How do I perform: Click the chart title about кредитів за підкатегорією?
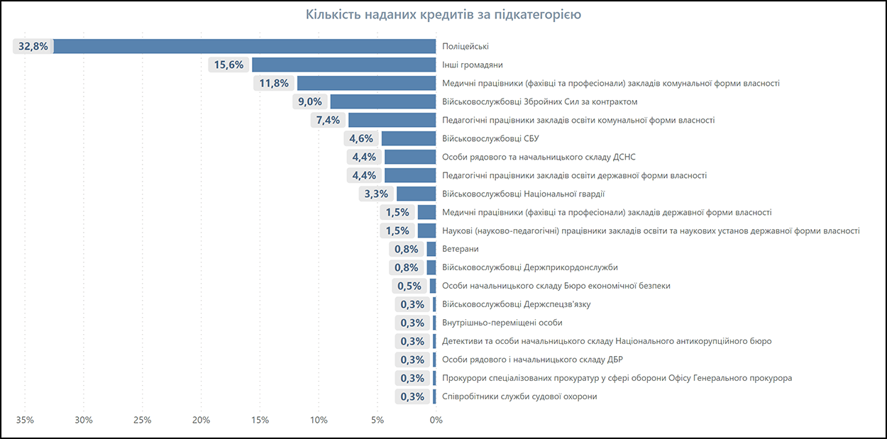(x=443, y=15)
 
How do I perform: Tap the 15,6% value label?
(x=228, y=65)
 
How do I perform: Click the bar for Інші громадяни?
(x=344, y=65)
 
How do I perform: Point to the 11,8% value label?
(x=274, y=83)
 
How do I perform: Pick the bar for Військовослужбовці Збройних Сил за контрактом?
(x=383, y=101)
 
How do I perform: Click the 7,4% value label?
(x=328, y=120)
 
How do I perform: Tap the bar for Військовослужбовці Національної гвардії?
(x=416, y=194)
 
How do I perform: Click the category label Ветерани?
(x=460, y=249)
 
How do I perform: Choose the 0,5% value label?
(x=409, y=286)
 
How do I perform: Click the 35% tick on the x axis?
(x=25, y=420)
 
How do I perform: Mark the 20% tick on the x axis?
(x=201, y=420)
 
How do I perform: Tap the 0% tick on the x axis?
(x=436, y=420)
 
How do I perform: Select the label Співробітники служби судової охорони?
(x=519, y=396)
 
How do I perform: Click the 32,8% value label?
(x=33, y=46)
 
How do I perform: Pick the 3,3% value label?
(x=376, y=194)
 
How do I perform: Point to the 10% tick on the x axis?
(x=318, y=420)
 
